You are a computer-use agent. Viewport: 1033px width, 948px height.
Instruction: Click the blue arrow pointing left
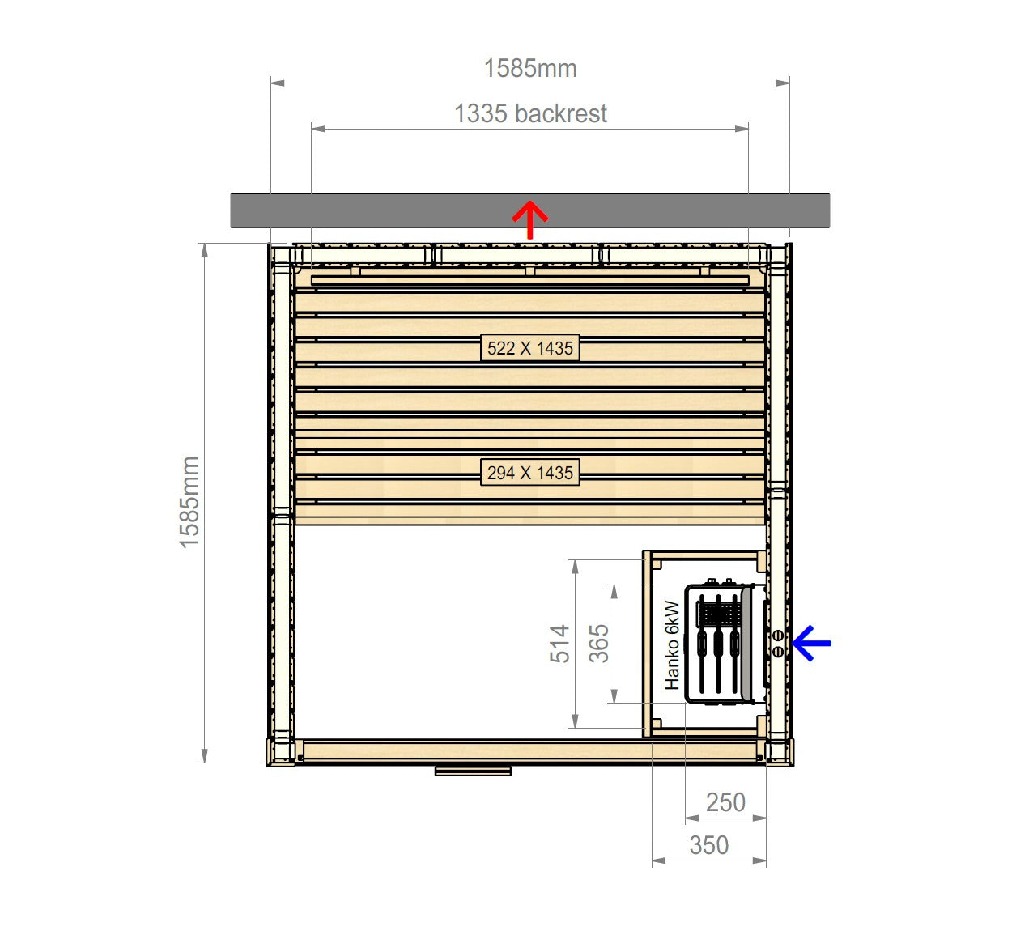pos(811,643)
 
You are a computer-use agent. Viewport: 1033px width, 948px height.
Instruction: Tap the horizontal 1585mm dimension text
pos(530,69)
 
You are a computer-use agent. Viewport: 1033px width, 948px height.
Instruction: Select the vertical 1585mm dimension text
pos(189,502)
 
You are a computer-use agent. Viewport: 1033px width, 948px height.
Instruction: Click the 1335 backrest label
pos(530,113)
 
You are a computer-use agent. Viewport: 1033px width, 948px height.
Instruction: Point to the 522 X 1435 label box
pos(530,348)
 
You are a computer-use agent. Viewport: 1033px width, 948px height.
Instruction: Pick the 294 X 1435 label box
pos(530,473)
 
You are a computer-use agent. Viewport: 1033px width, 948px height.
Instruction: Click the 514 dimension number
pos(559,644)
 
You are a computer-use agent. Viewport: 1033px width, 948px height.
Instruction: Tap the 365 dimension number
pos(599,644)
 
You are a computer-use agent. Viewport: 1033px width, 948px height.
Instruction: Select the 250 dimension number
pos(725,802)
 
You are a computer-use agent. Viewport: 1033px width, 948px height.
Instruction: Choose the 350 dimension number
pos(709,845)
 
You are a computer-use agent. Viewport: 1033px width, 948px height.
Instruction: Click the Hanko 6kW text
pos(672,645)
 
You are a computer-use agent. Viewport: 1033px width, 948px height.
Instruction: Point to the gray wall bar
pos(530,210)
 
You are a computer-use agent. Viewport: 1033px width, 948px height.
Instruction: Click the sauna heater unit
pos(724,644)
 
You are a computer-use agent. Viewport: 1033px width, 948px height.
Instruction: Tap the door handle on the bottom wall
pos(474,771)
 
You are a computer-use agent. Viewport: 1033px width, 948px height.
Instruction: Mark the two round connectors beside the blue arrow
pos(778,644)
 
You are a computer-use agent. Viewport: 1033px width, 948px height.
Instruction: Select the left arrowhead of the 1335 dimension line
pos(318,128)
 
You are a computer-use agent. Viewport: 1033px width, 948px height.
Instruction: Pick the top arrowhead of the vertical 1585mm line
pos(205,250)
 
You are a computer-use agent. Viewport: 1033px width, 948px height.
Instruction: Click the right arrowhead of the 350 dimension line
pos(759,861)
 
